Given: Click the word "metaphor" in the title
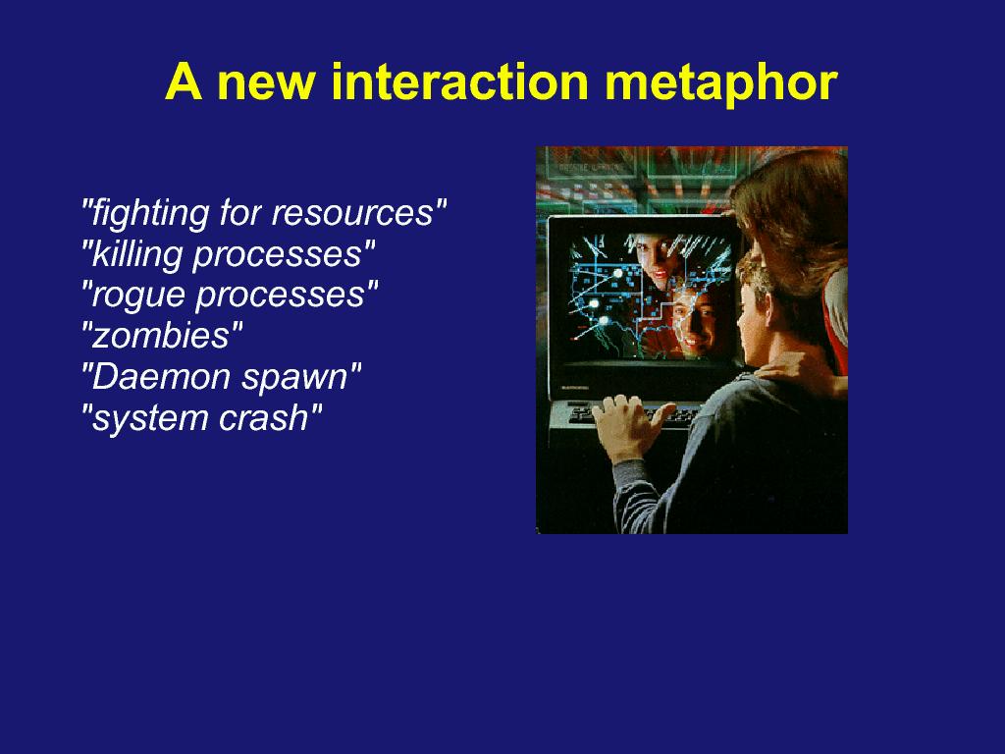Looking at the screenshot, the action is point(721,83).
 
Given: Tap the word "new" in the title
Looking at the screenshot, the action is point(265,86).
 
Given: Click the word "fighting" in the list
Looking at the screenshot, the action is point(145,213).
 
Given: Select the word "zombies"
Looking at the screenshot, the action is point(162,336).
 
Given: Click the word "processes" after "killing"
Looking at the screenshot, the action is point(284,255).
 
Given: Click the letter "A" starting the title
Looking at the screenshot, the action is point(184,81).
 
